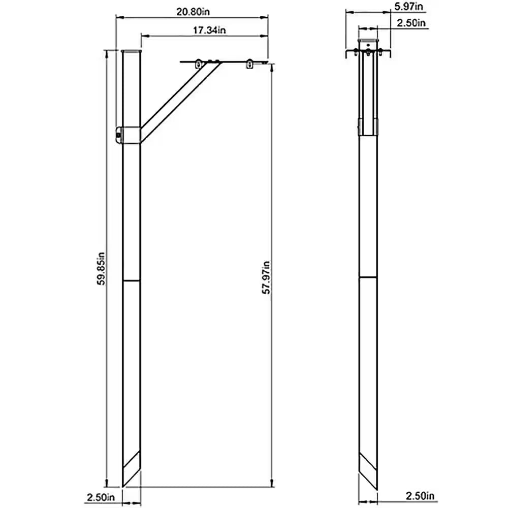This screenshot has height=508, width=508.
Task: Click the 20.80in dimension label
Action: point(192,12)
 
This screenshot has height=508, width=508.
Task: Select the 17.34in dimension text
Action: point(209,30)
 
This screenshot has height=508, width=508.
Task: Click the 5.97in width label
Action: point(408,6)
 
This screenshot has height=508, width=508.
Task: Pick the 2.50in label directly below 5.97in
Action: point(411,22)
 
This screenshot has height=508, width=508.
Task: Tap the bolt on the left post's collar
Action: point(118,136)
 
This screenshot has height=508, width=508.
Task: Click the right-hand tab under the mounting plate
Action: point(249,65)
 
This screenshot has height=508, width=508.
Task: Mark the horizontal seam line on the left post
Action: point(132,280)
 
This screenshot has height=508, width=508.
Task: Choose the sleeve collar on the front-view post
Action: point(368,125)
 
